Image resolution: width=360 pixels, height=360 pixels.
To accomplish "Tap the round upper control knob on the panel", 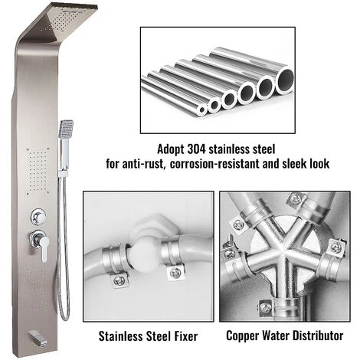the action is (x=38, y=217).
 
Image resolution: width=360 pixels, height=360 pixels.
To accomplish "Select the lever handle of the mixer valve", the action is (x=44, y=248).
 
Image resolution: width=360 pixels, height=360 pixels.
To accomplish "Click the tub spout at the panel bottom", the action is (x=38, y=337).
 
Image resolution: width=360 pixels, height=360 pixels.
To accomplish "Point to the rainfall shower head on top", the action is (x=64, y=23).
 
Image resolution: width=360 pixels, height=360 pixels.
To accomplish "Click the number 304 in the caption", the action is (x=197, y=149).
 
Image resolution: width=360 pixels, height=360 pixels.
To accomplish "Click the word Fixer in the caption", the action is (x=186, y=336).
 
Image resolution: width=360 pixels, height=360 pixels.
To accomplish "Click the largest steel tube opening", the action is (x=284, y=81).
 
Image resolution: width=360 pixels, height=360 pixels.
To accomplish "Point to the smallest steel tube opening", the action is (x=203, y=110).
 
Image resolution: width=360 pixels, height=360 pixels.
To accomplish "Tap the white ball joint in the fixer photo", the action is (x=145, y=256).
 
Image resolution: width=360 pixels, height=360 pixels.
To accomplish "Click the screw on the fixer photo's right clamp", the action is (x=175, y=273).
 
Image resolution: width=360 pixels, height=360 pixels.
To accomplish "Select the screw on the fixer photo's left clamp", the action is (x=118, y=280).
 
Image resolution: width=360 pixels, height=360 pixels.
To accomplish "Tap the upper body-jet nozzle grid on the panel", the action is (x=38, y=170).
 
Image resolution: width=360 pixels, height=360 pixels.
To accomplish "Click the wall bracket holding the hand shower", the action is (x=64, y=172).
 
